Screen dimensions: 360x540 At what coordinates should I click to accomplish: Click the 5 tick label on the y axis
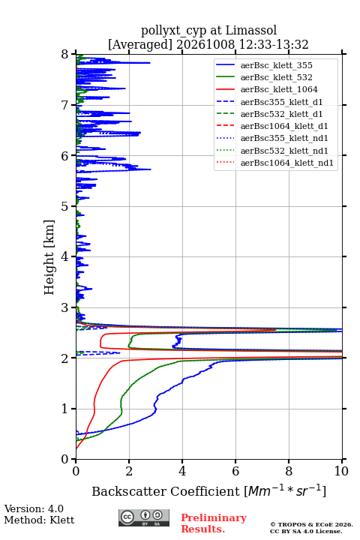coord(65,207)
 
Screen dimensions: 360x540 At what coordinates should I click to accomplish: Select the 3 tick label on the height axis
coord(65,307)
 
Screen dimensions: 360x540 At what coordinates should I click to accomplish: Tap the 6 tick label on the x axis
coord(235,471)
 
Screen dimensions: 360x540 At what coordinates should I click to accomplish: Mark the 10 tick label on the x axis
coord(341,471)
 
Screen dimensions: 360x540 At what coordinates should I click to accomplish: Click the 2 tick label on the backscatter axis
coord(129,471)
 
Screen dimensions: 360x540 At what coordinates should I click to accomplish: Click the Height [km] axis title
coord(49,257)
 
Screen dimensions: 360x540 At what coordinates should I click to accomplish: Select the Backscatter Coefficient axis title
coord(208,490)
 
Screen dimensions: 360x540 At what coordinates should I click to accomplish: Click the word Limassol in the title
coord(251,30)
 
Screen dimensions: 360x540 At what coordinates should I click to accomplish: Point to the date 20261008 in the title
coord(205,44)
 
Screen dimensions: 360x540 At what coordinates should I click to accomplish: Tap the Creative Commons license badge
coord(144,518)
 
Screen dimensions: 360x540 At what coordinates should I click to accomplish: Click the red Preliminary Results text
coord(214,523)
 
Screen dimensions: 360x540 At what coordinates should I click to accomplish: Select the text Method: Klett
coord(39,520)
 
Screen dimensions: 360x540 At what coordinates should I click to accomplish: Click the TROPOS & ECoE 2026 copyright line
coord(311,524)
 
